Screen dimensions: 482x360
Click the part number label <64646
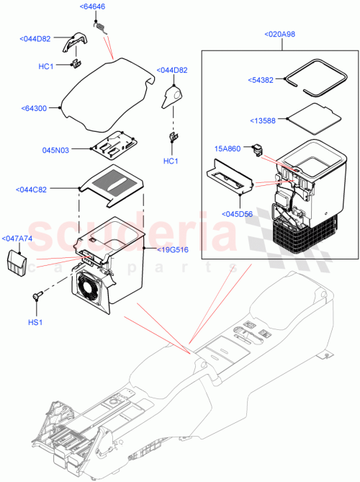click(92, 7)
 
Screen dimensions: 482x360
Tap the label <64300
click(34, 109)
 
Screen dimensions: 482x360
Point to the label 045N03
click(56, 151)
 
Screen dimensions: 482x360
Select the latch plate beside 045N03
click(113, 146)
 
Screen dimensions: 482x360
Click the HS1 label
click(35, 321)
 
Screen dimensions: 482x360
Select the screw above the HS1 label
click(37, 296)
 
